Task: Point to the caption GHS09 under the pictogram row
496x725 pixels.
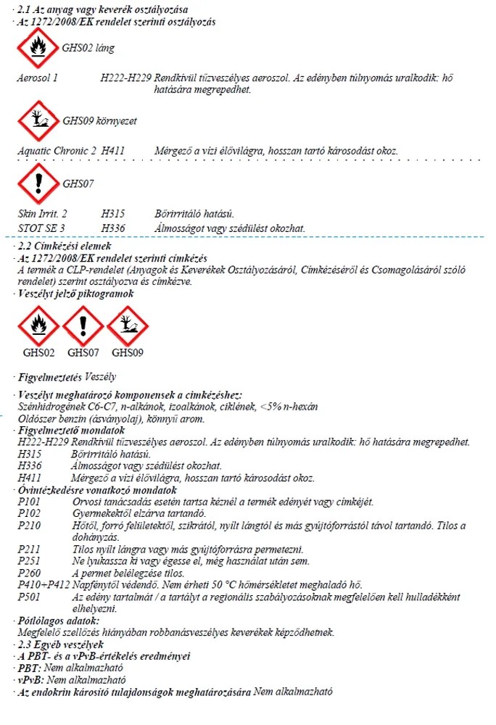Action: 128,352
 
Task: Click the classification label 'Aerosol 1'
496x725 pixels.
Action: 38,76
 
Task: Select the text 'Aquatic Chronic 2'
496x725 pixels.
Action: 57,150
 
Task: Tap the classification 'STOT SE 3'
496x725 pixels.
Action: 42,228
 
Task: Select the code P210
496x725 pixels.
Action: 30,525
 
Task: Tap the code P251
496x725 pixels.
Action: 30,560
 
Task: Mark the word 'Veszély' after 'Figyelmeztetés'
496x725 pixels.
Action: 101,377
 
